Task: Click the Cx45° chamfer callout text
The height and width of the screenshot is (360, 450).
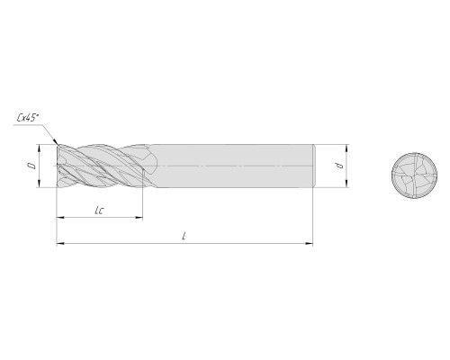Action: click(x=28, y=118)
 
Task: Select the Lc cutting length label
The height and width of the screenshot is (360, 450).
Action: click(x=99, y=211)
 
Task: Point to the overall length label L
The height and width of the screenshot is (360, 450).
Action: click(x=184, y=237)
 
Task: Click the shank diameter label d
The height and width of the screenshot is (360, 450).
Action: click(x=339, y=166)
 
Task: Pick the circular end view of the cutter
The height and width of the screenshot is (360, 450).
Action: click(x=414, y=175)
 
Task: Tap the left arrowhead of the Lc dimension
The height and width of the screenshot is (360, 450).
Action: click(x=60, y=217)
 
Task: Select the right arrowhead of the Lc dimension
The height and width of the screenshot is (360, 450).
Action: click(x=139, y=217)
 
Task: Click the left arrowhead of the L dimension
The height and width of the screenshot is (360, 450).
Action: click(x=60, y=243)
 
